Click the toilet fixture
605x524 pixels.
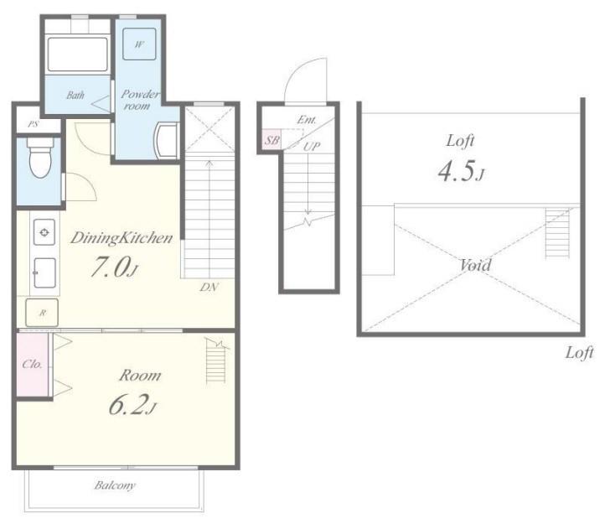[40, 158]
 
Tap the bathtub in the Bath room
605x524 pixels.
[78, 54]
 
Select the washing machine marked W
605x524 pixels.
[139, 44]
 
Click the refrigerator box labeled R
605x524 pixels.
[42, 313]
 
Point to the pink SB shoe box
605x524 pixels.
[271, 140]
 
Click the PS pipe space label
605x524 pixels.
[34, 124]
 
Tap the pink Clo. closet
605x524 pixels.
[33, 365]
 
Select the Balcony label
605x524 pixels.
[115, 485]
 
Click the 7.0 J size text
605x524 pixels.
[114, 267]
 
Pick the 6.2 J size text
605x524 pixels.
[132, 405]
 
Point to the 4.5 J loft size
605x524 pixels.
[461, 171]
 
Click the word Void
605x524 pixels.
[476, 265]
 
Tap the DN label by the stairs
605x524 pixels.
[209, 288]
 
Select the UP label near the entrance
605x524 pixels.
[312, 147]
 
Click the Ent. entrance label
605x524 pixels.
[307, 120]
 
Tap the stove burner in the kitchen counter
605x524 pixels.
[44, 232]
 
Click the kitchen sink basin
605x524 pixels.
[44, 273]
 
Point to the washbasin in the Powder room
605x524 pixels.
[166, 140]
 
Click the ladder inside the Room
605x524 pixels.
[216, 361]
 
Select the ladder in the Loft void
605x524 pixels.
[557, 234]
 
